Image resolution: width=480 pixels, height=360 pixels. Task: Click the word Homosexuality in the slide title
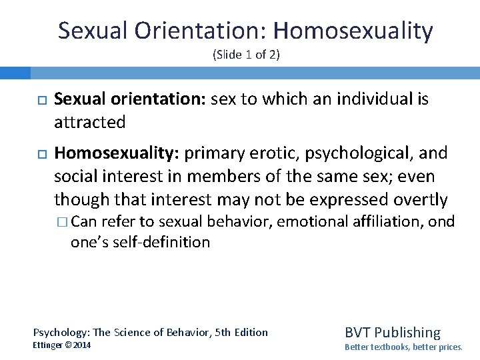[x=353, y=31]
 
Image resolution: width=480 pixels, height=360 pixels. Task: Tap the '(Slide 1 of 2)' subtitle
[x=246, y=55]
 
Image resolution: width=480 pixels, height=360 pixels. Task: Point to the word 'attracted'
[x=89, y=122]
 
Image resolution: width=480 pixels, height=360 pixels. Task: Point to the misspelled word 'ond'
[x=441, y=221]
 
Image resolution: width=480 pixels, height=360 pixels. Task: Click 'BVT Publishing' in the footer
[x=392, y=332]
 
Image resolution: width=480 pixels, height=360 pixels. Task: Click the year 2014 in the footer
[x=81, y=345]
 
